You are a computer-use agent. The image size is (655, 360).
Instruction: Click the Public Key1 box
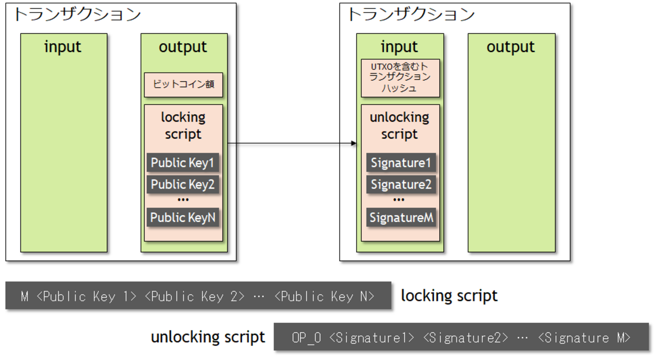tap(183, 163)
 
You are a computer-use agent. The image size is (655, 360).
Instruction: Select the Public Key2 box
tap(183, 185)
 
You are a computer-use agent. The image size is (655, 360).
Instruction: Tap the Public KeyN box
tap(183, 217)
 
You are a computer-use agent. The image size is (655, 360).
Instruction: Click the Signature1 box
tap(401, 163)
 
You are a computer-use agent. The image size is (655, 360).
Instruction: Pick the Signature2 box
tap(401, 185)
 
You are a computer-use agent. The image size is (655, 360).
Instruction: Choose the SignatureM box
tap(401, 217)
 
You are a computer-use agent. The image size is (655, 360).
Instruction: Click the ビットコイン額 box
tap(183, 85)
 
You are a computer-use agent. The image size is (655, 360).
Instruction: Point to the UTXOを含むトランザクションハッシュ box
tap(400, 78)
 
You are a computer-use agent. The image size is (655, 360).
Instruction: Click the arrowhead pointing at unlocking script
tap(354, 144)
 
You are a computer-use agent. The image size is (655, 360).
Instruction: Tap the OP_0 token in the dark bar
tap(306, 337)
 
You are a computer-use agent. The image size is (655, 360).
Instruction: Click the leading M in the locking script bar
tap(25, 296)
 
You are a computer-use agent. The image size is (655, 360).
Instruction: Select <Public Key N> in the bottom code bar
tap(324, 296)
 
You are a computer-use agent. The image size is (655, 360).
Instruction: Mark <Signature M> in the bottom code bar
tap(584, 337)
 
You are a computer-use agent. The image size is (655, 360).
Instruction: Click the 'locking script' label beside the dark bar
tap(449, 295)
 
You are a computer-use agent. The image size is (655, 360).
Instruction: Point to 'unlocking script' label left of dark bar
tap(208, 337)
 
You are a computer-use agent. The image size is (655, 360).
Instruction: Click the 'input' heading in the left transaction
tap(63, 47)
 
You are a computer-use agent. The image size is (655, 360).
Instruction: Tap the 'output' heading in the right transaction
tap(510, 47)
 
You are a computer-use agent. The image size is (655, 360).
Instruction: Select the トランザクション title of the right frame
tap(411, 14)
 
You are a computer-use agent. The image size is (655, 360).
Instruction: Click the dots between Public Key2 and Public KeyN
tap(183, 200)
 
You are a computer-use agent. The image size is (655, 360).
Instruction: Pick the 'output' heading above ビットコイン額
tap(183, 47)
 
